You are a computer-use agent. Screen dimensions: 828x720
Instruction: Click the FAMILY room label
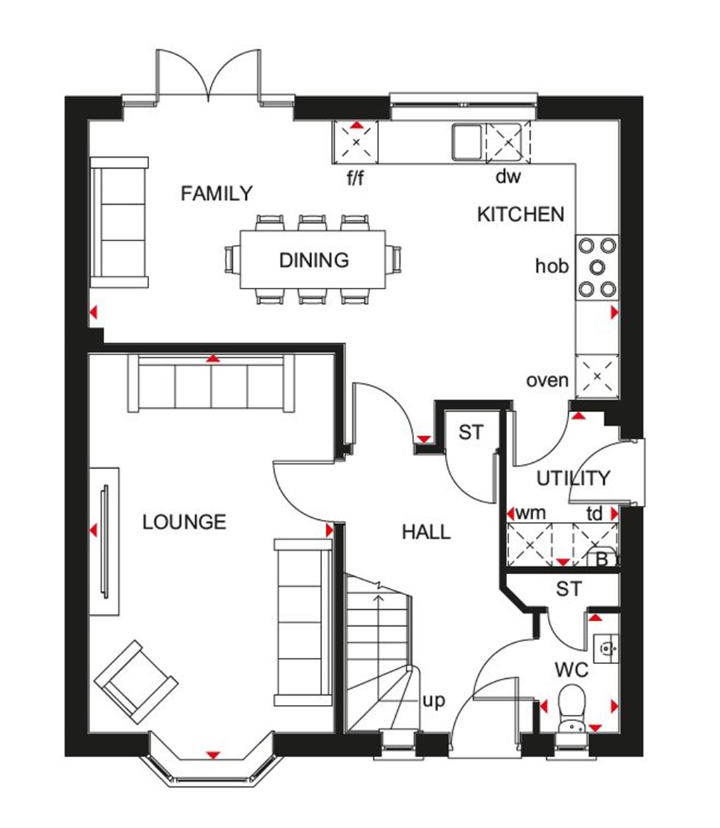click(x=216, y=193)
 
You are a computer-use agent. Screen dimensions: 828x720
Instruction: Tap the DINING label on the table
click(x=314, y=260)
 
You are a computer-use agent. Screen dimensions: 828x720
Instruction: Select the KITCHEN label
click(x=520, y=215)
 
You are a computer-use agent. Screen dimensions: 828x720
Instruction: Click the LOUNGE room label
click(x=184, y=522)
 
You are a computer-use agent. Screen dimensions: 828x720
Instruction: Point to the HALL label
click(x=426, y=532)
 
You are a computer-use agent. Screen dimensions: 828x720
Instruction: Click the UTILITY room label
click(x=573, y=479)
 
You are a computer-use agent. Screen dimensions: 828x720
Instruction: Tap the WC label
click(x=571, y=670)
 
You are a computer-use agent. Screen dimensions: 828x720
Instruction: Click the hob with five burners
click(x=597, y=267)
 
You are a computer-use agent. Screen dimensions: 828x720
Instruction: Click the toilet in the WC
click(x=571, y=707)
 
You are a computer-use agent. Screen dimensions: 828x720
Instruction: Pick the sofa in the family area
click(x=120, y=222)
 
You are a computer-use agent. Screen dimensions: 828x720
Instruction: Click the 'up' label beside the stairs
click(x=435, y=701)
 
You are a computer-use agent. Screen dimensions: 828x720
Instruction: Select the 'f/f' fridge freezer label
click(x=356, y=177)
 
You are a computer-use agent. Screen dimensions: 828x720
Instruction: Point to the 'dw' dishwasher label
click(x=508, y=177)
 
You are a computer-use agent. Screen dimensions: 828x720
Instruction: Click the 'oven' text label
click(x=547, y=381)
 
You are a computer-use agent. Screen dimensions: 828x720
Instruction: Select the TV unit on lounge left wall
click(x=104, y=540)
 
